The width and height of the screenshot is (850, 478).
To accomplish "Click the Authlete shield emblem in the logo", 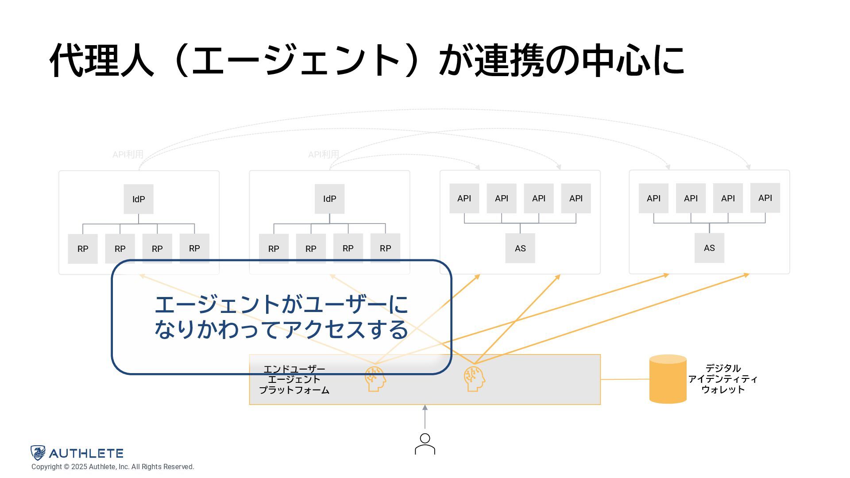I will tap(38, 453).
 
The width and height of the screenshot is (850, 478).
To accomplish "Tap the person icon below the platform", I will tap(425, 444).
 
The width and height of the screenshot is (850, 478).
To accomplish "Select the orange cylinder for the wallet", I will tap(668, 379).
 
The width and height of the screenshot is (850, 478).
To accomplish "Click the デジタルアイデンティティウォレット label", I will tap(722, 379).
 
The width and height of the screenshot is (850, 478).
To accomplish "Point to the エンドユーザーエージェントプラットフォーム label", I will tap(294, 380).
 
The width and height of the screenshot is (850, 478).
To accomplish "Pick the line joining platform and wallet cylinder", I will tap(625, 379).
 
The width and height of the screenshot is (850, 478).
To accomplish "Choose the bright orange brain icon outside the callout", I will tap(474, 379).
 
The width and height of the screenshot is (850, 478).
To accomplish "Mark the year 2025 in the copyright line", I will tap(79, 467).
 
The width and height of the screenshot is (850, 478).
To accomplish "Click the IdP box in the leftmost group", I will tap(139, 199).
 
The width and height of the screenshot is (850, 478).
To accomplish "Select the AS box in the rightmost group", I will tap(709, 248).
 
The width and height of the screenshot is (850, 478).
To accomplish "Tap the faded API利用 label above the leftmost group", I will tap(128, 154).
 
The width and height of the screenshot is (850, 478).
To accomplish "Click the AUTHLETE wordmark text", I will tap(86, 453).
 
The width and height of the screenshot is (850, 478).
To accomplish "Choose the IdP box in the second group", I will tap(330, 199).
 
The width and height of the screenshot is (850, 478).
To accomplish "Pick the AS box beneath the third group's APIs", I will tap(520, 248).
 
